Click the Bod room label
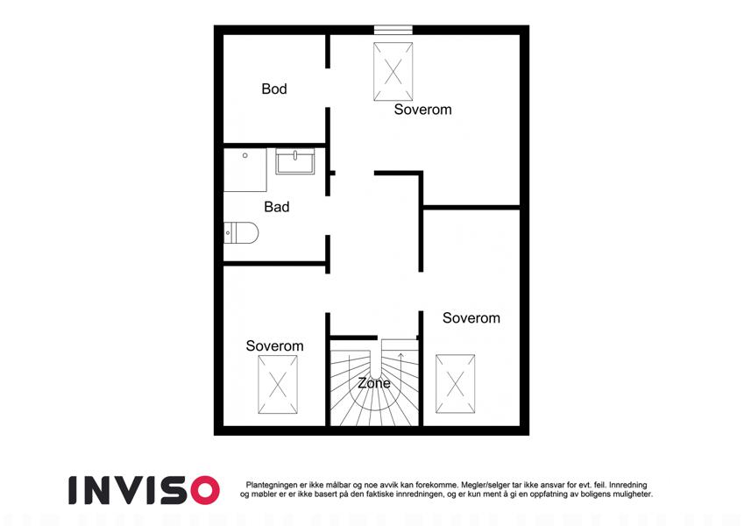[x=274, y=89]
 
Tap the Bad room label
[x=277, y=207]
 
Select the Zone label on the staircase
[x=374, y=383]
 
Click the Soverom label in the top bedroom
[x=422, y=110]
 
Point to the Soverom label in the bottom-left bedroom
[x=275, y=346]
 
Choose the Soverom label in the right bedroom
[x=471, y=318]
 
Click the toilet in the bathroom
[x=241, y=233]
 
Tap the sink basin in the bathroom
[x=295, y=161]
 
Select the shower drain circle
[x=244, y=155]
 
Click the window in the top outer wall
[x=393, y=30]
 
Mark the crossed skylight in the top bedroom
[x=393, y=72]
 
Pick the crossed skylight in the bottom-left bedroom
[x=278, y=385]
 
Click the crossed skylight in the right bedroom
[x=456, y=384]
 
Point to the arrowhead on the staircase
[x=400, y=355]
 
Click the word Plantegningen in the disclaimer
[x=272, y=485]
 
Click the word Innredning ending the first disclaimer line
[x=627, y=485]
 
